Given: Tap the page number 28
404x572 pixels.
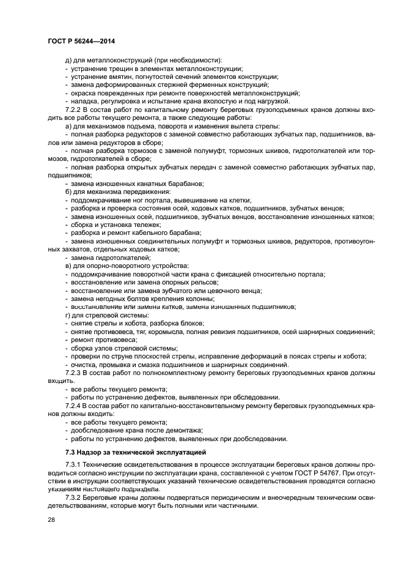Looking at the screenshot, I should (x=51, y=519).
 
